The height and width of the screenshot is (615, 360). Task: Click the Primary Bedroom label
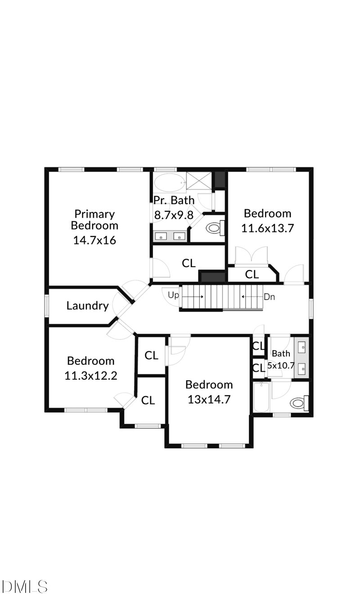pos(94,220)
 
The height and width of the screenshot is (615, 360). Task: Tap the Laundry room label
pos(87,306)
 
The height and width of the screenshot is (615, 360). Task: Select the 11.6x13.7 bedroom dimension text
pos(267,228)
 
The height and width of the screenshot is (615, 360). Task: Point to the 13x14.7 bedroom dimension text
pos(209,399)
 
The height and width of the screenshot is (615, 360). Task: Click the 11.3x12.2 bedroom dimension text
pos(91,375)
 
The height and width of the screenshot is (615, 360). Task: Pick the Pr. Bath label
pos(174,200)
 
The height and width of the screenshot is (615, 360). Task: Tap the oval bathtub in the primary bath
pos(169,184)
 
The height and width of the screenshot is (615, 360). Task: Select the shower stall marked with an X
pos(198,181)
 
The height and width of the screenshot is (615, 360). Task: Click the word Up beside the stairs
pos(173,296)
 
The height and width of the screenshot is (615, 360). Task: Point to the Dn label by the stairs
pos(269,297)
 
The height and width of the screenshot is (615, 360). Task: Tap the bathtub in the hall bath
pos(261,397)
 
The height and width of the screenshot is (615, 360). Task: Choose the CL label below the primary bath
pos(189,263)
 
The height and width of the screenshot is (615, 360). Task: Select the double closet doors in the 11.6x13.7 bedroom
pos(252,257)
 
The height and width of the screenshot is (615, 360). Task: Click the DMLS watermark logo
pos(25,587)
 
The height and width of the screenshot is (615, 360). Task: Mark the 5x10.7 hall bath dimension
pos(281,366)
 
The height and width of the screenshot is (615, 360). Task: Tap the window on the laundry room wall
pos(46,306)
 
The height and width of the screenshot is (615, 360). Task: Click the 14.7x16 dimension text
pos(94,240)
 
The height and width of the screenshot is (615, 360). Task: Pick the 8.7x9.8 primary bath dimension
pos(174,215)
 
